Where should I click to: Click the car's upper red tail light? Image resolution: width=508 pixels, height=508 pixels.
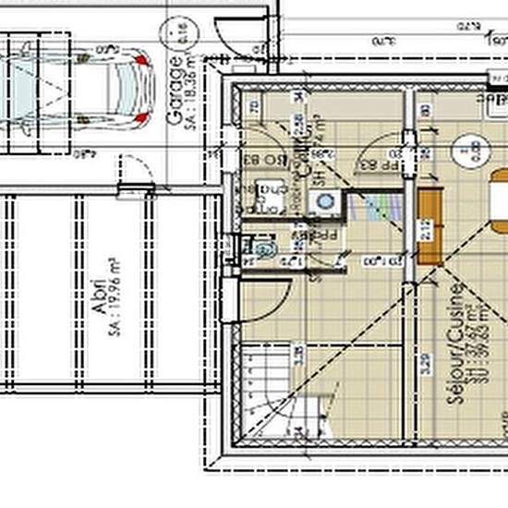(140, 58)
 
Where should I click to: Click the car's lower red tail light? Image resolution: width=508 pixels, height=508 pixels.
(140, 119)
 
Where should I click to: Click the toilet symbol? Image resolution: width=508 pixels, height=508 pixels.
(264, 250)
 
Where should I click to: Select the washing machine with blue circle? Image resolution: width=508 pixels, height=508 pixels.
(323, 201)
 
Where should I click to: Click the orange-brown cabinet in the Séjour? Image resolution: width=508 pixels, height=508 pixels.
(429, 225)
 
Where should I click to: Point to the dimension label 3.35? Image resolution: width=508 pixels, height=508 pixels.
(296, 356)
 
